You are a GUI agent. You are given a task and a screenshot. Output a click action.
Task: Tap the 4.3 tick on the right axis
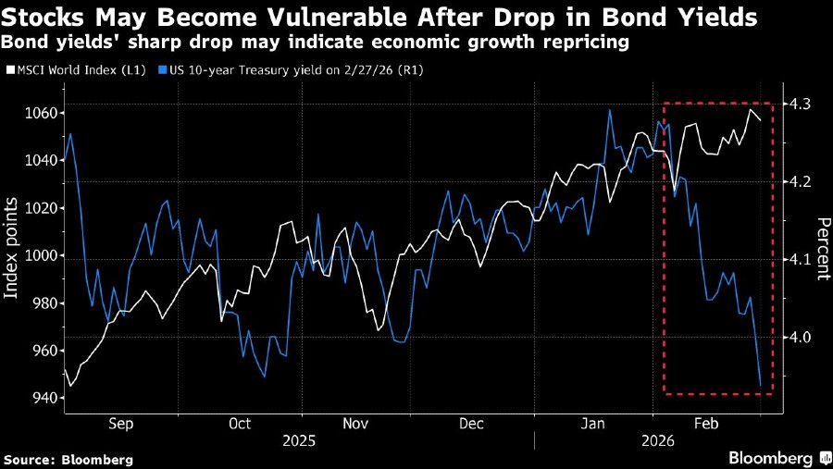(797, 105)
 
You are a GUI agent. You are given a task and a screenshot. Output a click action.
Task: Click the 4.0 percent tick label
(797, 338)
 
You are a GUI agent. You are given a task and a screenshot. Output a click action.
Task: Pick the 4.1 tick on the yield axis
(797, 260)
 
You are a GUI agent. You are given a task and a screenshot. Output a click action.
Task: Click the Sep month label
(121, 424)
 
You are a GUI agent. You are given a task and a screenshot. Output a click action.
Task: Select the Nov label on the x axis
(356, 424)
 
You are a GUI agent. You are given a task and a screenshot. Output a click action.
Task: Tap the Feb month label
(706, 424)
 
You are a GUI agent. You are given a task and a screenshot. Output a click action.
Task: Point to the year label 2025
(298, 441)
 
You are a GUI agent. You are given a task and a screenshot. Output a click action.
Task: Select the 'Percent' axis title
(821, 250)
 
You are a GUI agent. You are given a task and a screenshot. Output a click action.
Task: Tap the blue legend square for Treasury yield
(163, 69)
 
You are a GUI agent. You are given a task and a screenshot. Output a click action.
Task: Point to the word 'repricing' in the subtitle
(590, 42)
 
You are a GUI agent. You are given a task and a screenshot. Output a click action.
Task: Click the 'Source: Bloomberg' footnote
(68, 459)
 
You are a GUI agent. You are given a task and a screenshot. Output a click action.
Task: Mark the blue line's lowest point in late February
(761, 386)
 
